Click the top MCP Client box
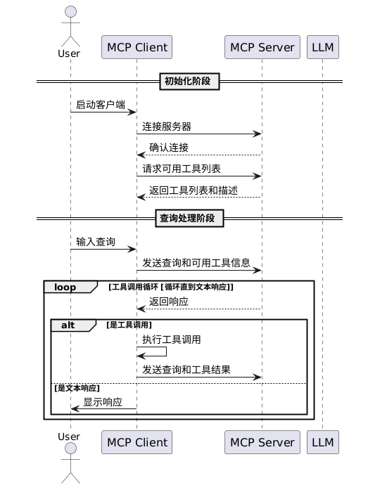coord(137,48)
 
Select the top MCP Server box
coord(262,48)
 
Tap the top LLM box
coord(322,48)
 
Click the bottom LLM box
coord(322,442)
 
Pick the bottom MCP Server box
coord(262,442)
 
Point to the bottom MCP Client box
coord(137,442)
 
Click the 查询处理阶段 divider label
coord(189,219)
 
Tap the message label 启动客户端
coord(101,105)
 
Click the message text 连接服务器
coord(167,127)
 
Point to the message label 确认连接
coord(168,148)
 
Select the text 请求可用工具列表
coord(182,169)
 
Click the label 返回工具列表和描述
coord(193,191)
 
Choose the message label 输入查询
coord(96,242)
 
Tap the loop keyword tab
coord(65,287)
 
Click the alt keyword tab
coord(68,325)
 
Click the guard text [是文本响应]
coord(77,388)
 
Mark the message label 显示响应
coord(102,403)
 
